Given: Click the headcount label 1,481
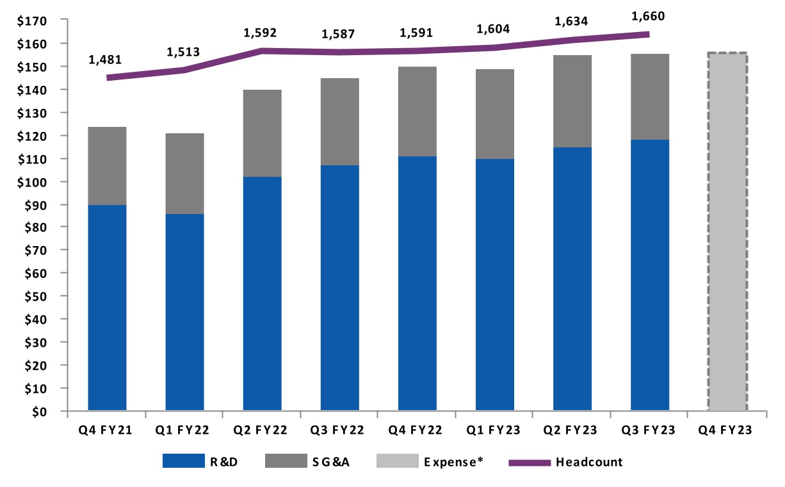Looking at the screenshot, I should [105, 60].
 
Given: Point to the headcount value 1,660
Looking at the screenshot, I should [648, 16].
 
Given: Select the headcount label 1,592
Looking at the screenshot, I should [260, 33].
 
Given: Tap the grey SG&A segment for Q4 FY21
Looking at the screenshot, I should [107, 166].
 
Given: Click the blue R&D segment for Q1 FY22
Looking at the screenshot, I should [184, 312].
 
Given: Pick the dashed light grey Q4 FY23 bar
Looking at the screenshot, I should [727, 231].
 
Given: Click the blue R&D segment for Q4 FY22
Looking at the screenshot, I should [417, 283].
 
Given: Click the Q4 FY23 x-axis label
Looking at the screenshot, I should [727, 431].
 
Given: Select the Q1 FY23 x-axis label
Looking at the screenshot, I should [494, 431].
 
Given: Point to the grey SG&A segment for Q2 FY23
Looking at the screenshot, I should [572, 101].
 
